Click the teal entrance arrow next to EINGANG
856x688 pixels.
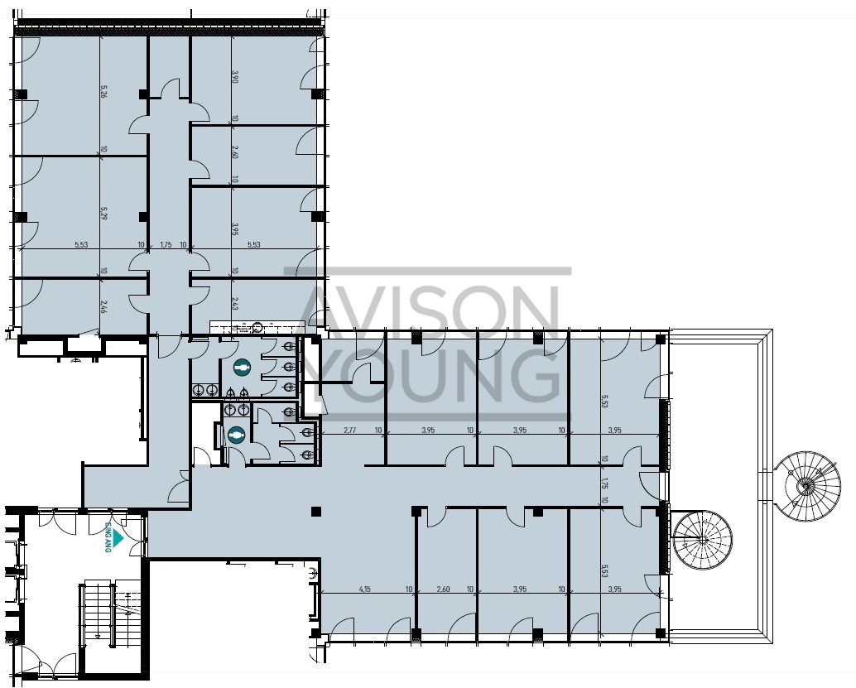coord(118,538)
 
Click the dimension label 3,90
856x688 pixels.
coord(235,78)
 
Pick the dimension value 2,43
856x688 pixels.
coord(235,305)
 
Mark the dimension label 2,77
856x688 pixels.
coord(349,431)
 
